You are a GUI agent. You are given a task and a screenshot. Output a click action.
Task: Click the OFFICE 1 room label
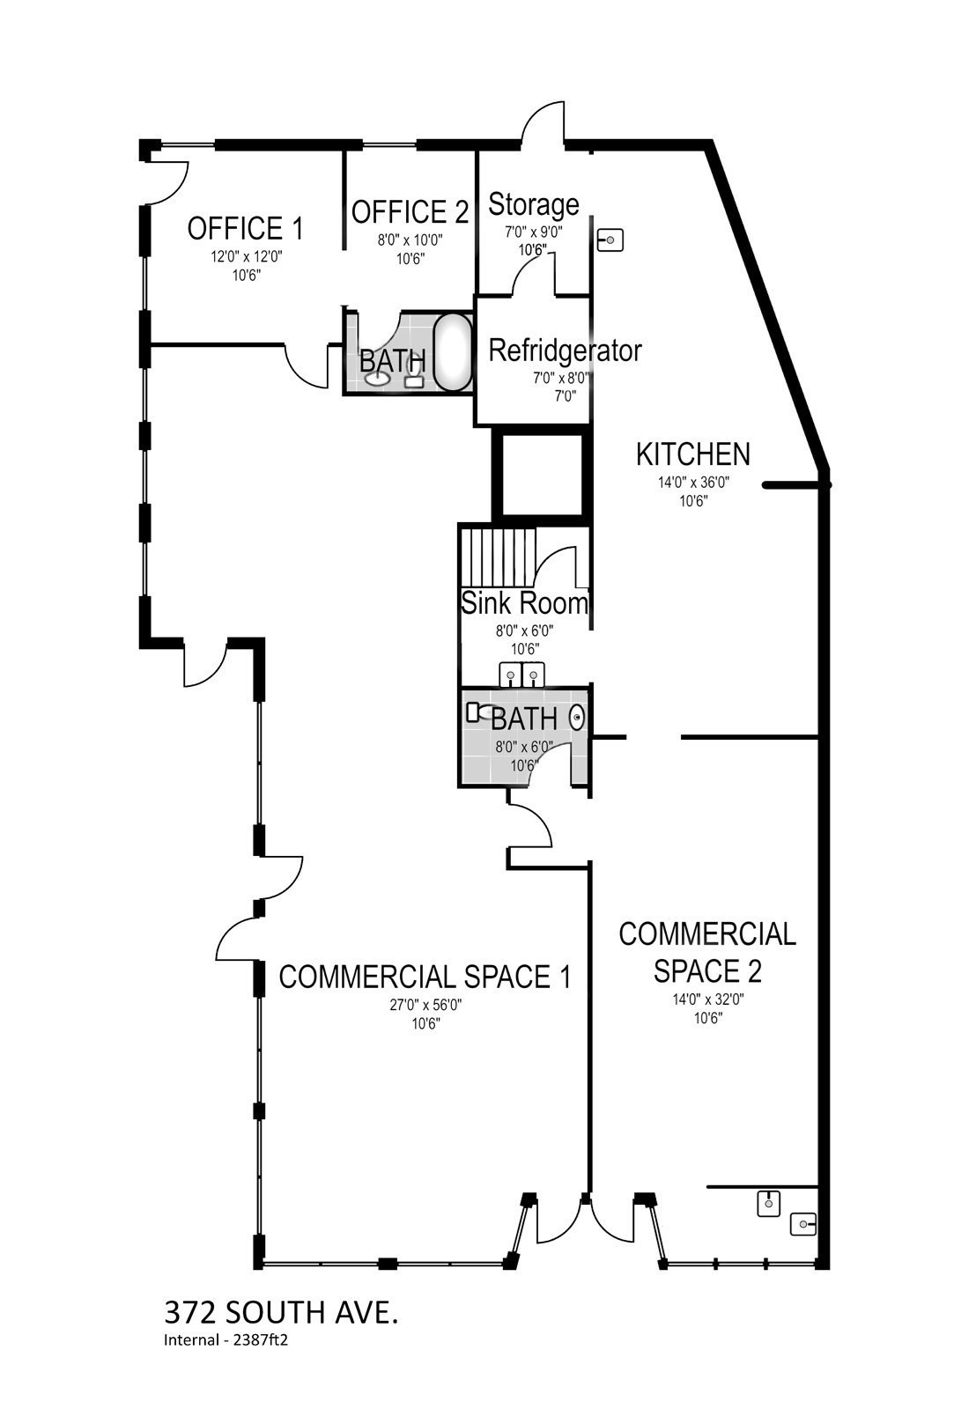245,229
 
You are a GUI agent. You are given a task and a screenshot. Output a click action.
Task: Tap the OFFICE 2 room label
410,212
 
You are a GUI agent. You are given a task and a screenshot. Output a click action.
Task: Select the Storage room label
534,204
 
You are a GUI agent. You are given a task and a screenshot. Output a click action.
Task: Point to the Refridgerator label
565,350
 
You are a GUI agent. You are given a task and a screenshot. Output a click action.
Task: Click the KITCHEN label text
693,454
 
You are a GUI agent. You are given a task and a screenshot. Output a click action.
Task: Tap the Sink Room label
525,603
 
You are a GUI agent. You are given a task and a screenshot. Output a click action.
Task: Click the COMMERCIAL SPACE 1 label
425,977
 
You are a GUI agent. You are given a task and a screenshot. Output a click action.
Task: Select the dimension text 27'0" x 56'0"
425,1005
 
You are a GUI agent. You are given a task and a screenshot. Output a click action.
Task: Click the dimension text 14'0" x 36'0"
693,483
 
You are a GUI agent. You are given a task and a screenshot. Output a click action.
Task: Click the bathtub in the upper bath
454,352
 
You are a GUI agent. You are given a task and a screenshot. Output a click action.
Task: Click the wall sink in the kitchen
610,239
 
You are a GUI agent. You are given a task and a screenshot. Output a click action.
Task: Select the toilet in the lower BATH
477,712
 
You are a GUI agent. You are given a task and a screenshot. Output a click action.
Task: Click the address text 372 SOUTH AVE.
281,1313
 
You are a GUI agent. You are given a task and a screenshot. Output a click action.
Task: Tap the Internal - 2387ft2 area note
226,1341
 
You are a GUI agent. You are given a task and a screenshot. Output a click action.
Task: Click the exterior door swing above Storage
543,123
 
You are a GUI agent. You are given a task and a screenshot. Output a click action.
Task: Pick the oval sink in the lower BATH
577,719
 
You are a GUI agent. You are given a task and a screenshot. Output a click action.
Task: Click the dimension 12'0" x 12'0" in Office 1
246,257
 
